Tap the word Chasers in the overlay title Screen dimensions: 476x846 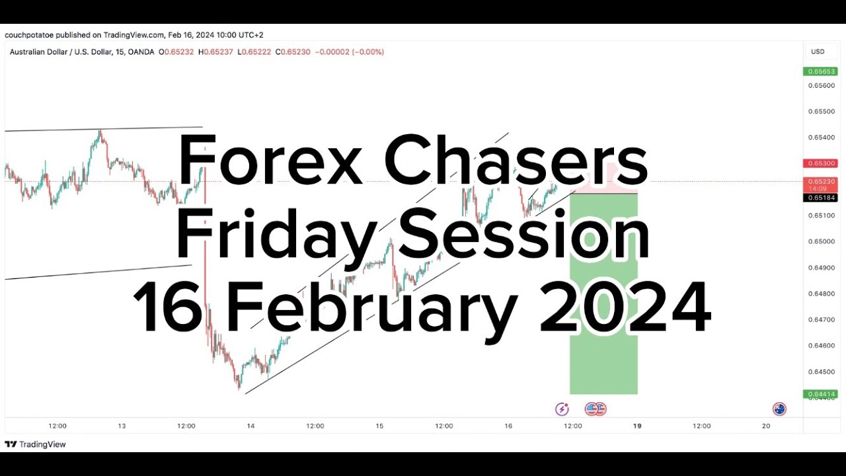(516, 161)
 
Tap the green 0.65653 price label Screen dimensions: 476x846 (820, 71)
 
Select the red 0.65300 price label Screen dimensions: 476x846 (820, 163)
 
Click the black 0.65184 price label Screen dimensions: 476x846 (820, 198)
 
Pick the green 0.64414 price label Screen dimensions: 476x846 (820, 394)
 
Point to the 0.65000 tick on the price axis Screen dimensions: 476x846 (822, 241)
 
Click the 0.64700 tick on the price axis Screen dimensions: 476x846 (822, 319)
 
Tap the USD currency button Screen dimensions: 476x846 (818, 52)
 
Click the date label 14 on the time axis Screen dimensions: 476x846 (250, 426)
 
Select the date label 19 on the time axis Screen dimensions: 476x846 (637, 426)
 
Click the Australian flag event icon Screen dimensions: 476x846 (779, 409)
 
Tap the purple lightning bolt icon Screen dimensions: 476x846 (562, 409)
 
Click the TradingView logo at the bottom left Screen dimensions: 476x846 (36, 444)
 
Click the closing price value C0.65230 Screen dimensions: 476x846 (293, 52)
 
